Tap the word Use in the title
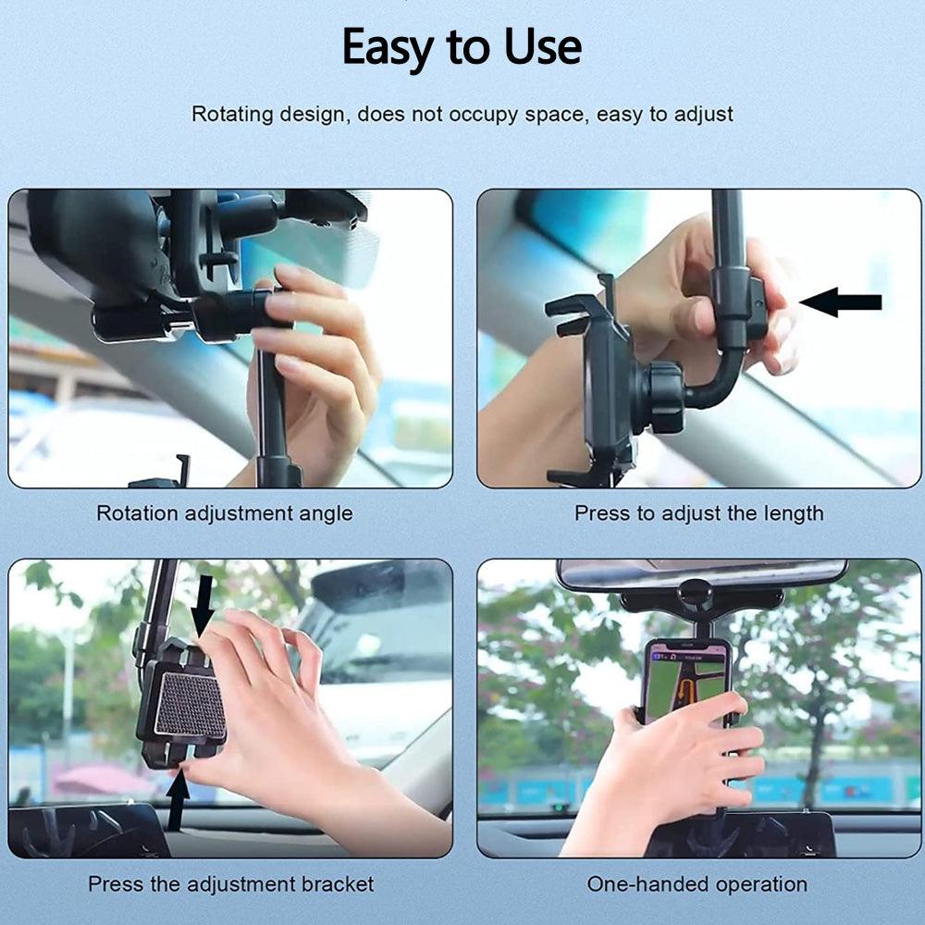(x=543, y=45)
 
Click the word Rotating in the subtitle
(x=232, y=115)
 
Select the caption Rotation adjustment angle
(x=225, y=512)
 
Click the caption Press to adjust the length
(x=698, y=512)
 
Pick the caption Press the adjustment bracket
(x=230, y=883)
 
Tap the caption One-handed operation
(x=697, y=883)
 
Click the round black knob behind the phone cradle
(x=663, y=397)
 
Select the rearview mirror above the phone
(x=701, y=573)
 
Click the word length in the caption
(x=793, y=512)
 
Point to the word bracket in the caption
(x=339, y=883)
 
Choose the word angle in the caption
(x=326, y=512)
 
